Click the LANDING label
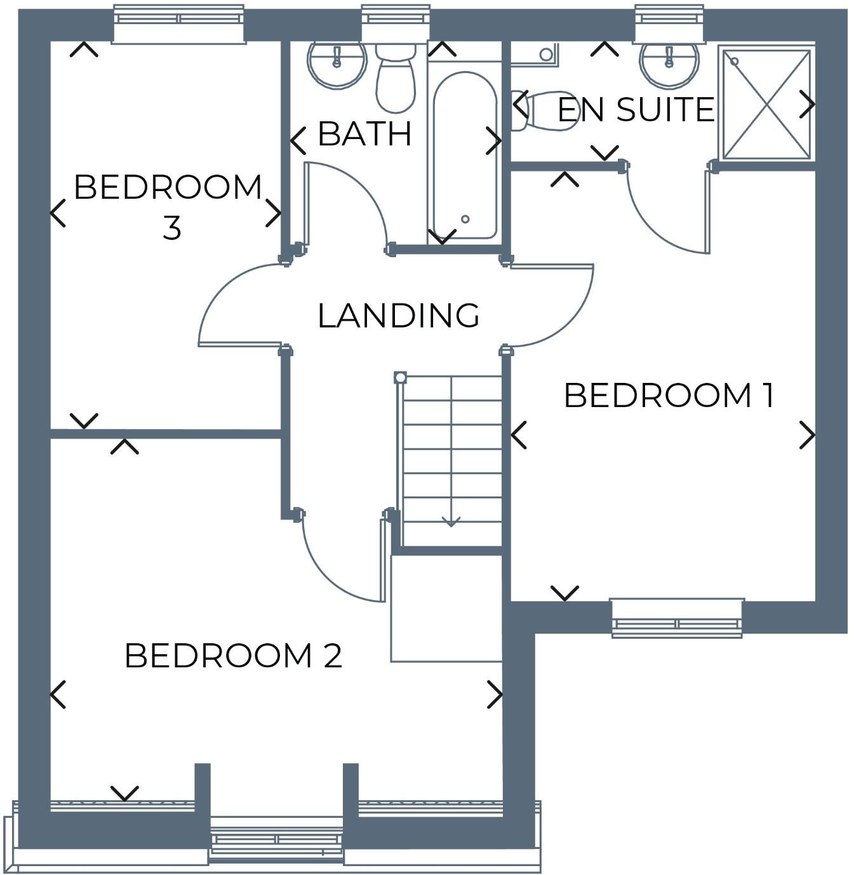point(398,316)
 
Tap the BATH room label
point(364,133)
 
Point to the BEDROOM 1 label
point(669,396)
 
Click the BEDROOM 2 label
point(233,656)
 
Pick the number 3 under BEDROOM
point(171,228)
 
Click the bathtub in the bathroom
point(465,156)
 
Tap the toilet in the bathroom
point(395,79)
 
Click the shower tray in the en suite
point(767,104)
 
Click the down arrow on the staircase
point(451,521)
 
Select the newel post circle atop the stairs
point(400,378)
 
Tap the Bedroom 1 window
point(677,618)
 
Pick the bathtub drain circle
point(465,219)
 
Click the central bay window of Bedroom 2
point(276,841)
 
